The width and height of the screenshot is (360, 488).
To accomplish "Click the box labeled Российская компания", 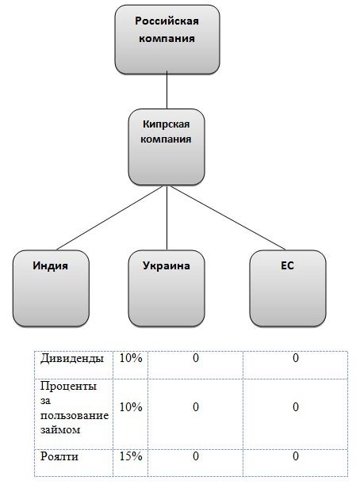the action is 167,40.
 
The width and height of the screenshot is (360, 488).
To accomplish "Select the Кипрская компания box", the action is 167,147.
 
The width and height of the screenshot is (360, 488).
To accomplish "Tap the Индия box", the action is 51,288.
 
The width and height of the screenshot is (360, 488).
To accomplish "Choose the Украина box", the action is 167,288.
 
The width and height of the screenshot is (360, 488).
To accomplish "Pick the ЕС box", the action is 288,288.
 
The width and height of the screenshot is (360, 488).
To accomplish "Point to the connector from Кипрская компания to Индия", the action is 109,218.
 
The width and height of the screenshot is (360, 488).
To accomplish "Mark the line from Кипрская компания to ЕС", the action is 228,218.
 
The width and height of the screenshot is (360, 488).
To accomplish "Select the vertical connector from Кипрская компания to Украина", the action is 167,218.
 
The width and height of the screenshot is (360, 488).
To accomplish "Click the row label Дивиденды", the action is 72,358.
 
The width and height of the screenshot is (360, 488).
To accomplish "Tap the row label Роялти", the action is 59,456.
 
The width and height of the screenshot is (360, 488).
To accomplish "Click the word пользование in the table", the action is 75,415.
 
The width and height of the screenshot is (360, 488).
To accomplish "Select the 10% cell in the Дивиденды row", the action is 131,358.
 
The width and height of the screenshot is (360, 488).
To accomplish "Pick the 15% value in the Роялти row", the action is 131,456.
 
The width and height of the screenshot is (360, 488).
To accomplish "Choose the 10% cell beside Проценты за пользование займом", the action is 131,407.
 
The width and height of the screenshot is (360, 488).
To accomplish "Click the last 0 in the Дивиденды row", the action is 296,358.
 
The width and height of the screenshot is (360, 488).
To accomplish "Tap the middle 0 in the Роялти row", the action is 196,456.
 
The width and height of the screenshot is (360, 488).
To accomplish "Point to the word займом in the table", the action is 60,430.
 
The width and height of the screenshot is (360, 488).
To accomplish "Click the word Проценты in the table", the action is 68,387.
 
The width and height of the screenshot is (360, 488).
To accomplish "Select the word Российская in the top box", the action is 167,21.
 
